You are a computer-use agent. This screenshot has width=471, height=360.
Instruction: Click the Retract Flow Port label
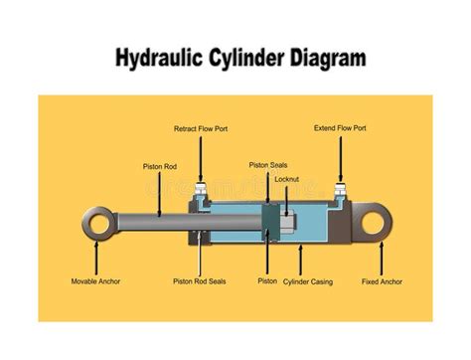pos(201,129)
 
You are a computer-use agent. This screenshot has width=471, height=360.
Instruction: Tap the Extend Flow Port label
pos(340,128)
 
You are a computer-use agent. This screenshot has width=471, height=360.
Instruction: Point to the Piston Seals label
pos(269,164)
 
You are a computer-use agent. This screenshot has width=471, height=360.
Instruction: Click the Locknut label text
pos(288,179)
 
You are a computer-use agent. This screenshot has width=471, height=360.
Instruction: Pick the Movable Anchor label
pos(95,281)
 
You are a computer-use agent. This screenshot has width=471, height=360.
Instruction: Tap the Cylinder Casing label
pos(308,281)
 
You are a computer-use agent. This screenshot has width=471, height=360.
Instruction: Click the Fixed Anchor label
pos(383,281)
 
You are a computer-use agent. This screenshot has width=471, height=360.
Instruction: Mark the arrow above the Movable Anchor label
pos(96,259)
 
